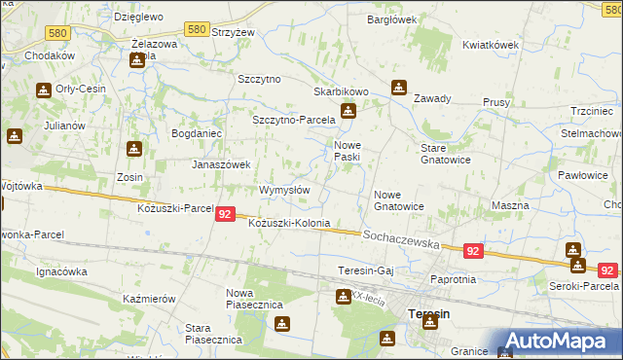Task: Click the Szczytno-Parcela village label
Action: pyautogui.click(x=293, y=119)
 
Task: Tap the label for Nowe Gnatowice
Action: pyautogui.click(x=399, y=200)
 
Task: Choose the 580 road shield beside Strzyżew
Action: pyautogui.click(x=198, y=30)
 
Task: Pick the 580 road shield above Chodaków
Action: pyautogui.click(x=57, y=33)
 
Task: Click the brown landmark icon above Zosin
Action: pyautogui.click(x=133, y=150)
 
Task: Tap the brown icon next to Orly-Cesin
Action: pyautogui.click(x=44, y=91)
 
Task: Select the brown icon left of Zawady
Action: pyautogui.click(x=398, y=88)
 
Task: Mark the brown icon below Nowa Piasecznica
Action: pyautogui.click(x=282, y=324)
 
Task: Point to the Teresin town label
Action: pyautogui.click(x=429, y=314)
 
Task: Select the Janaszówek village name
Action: pyautogui.click(x=221, y=164)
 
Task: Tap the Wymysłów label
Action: pyautogui.click(x=284, y=190)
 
